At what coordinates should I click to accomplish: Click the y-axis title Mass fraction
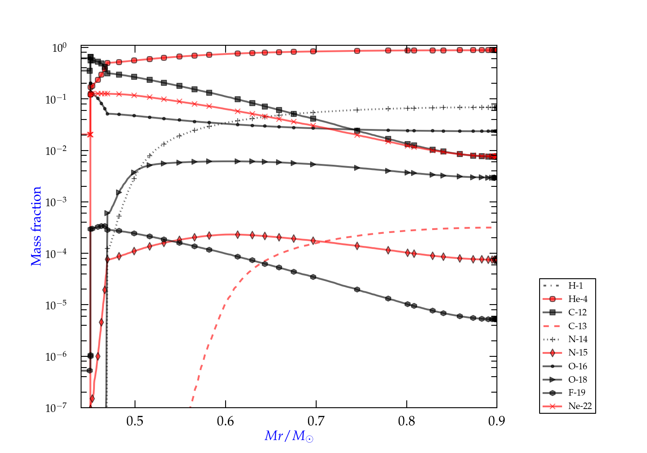[x=36, y=226]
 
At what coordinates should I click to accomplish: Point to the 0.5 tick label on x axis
[x=135, y=421]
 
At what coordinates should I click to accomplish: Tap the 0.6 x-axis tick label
[x=226, y=421]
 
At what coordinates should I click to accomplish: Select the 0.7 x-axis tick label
[x=316, y=421]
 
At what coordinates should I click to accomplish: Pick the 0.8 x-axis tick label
[x=407, y=421]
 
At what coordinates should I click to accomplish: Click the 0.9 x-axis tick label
[x=497, y=421]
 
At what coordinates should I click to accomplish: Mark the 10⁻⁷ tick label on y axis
[x=56, y=407]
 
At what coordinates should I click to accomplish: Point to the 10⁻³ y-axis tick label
[x=56, y=201]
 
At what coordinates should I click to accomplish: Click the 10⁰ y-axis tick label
[x=59, y=47]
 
